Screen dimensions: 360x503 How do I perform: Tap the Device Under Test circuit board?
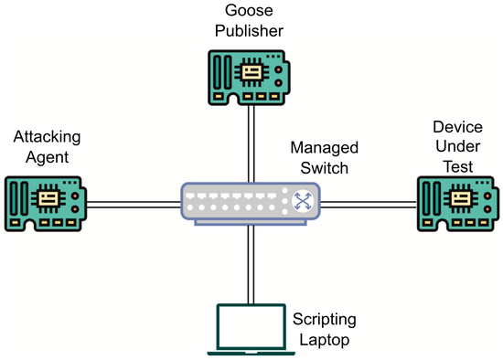pyautogui.click(x=456, y=202)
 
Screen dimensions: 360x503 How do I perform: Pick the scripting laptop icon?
pyautogui.click(x=250, y=329)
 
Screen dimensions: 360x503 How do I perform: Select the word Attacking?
pyautogui.click(x=47, y=137)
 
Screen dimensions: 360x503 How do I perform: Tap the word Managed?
pyautogui.click(x=324, y=147)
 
